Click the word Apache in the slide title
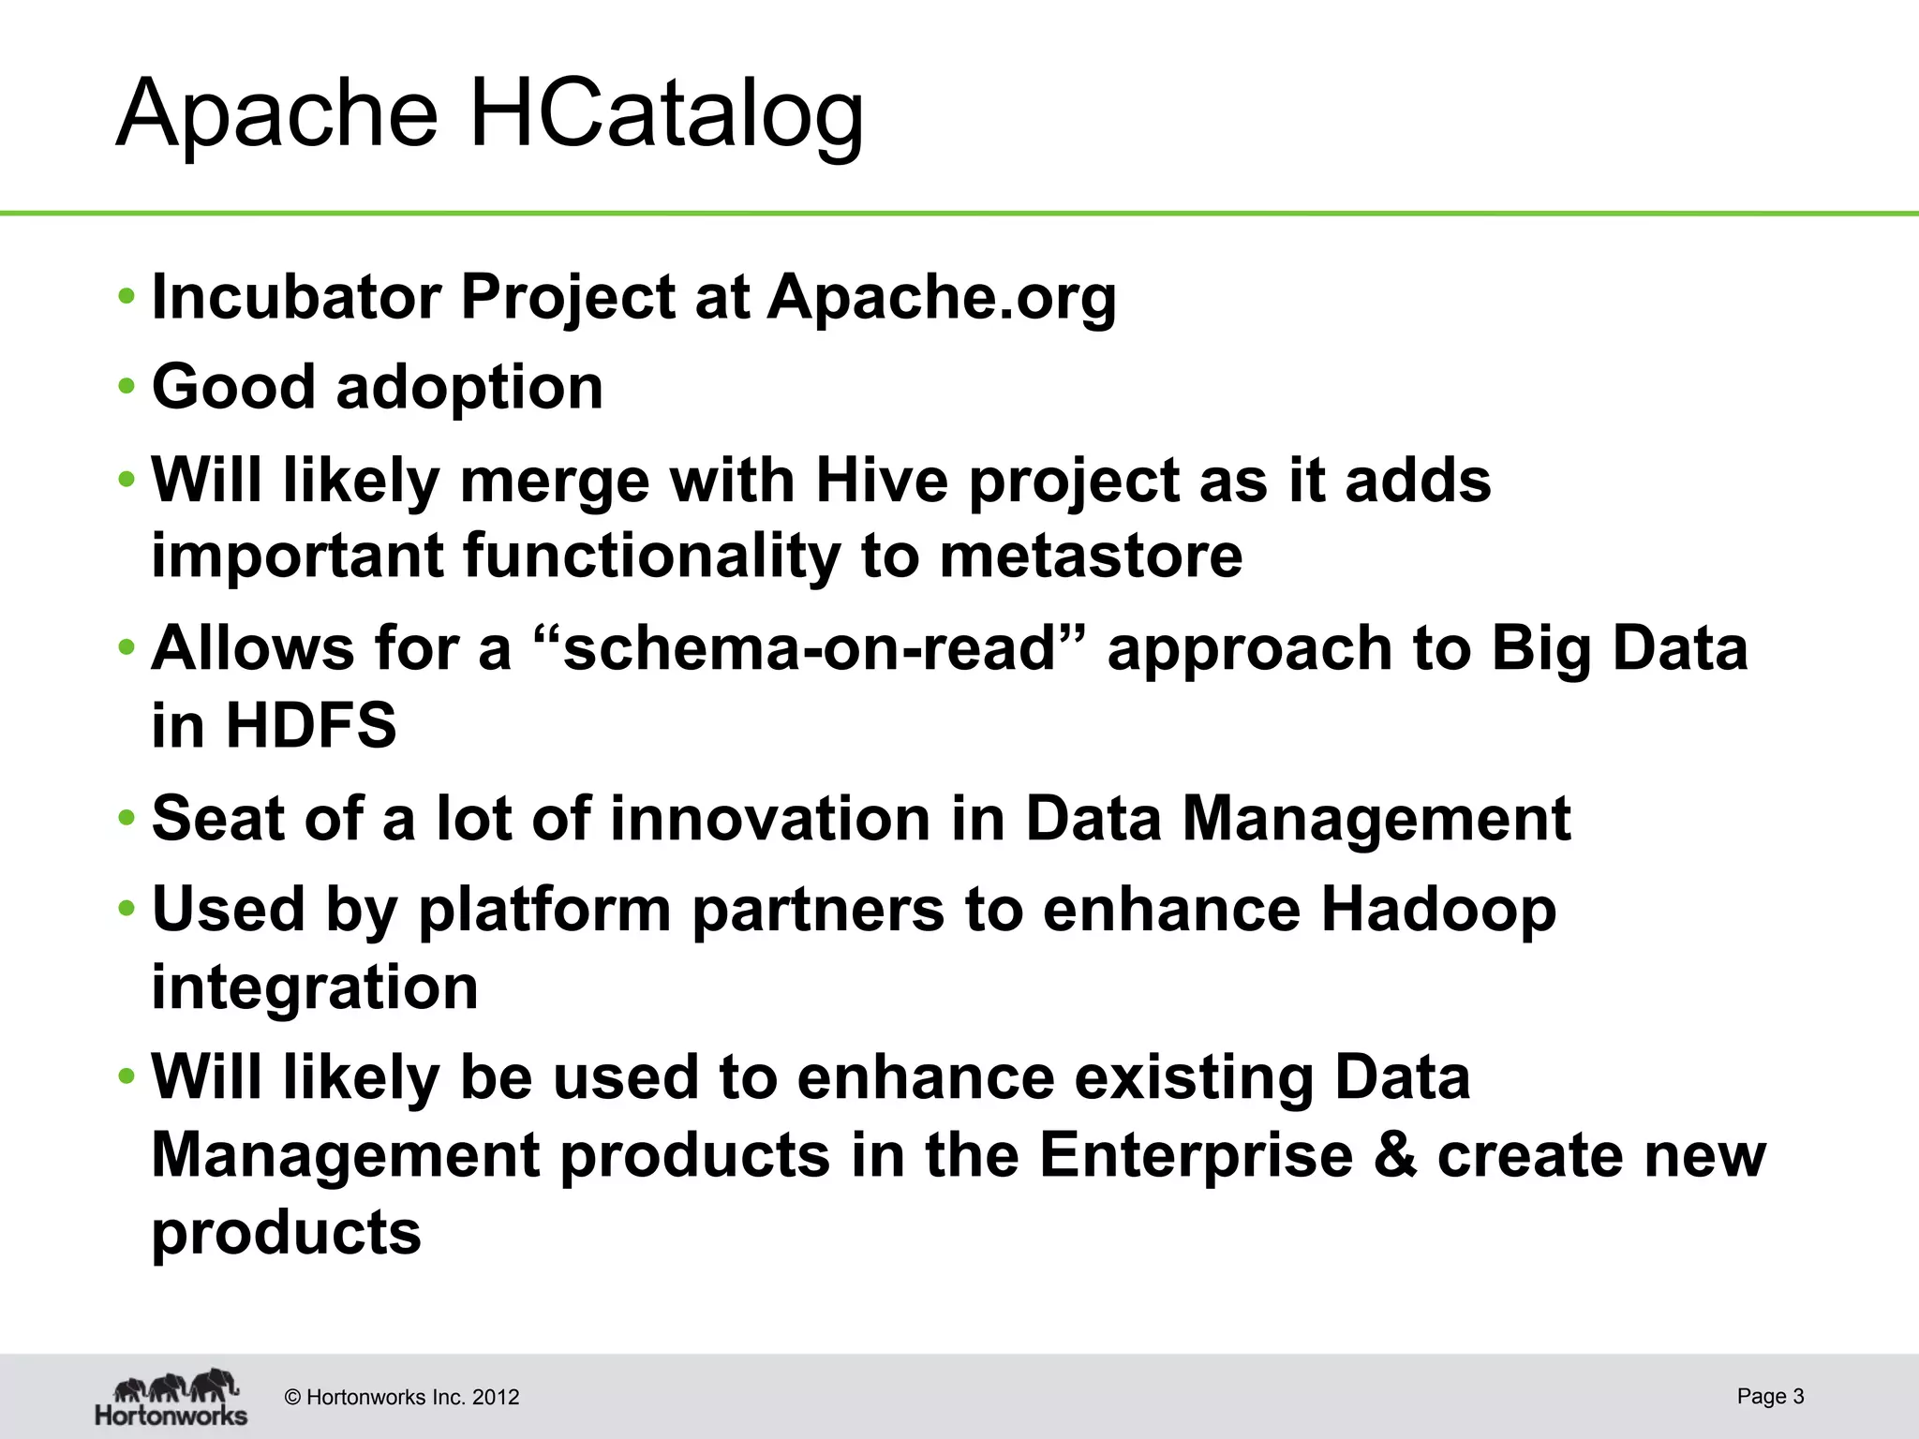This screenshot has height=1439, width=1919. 277,114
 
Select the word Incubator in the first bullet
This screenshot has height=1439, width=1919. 296,297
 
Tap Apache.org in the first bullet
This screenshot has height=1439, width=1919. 942,297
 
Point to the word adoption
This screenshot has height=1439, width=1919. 469,387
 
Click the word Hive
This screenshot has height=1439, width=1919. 882,480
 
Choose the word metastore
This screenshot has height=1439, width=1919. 1091,555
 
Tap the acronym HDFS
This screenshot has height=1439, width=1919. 311,725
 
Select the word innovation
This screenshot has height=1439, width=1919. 769,818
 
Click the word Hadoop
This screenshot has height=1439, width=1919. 1438,909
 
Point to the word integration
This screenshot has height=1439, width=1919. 315,987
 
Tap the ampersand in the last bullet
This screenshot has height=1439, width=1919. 1395,1154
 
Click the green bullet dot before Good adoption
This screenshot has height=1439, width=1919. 126,387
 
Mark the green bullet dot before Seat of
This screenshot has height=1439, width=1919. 126,818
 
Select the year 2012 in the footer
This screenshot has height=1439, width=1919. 496,1398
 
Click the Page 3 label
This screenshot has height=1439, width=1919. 1770,1396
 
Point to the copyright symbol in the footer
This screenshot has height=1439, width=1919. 292,1398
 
